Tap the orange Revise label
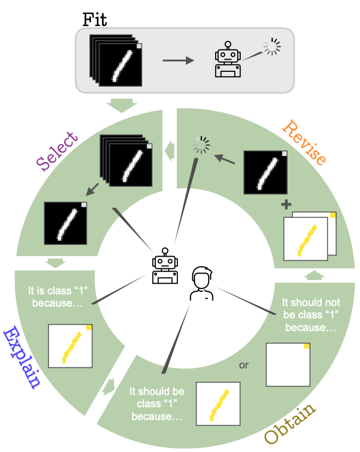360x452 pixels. pyautogui.click(x=304, y=142)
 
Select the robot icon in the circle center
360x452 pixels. pyautogui.click(x=165, y=266)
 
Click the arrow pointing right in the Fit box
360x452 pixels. pyautogui.click(x=178, y=61)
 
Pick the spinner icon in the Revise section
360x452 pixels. pyautogui.click(x=201, y=145)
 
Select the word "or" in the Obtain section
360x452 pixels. pyautogui.click(x=244, y=365)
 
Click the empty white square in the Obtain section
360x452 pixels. pyautogui.click(x=288, y=365)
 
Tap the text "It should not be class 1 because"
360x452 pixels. pyautogui.click(x=311, y=315)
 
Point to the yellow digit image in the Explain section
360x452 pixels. pyautogui.click(x=70, y=346)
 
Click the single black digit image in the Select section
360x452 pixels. pyautogui.click(x=66, y=223)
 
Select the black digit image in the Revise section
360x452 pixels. pyautogui.click(x=265, y=171)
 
